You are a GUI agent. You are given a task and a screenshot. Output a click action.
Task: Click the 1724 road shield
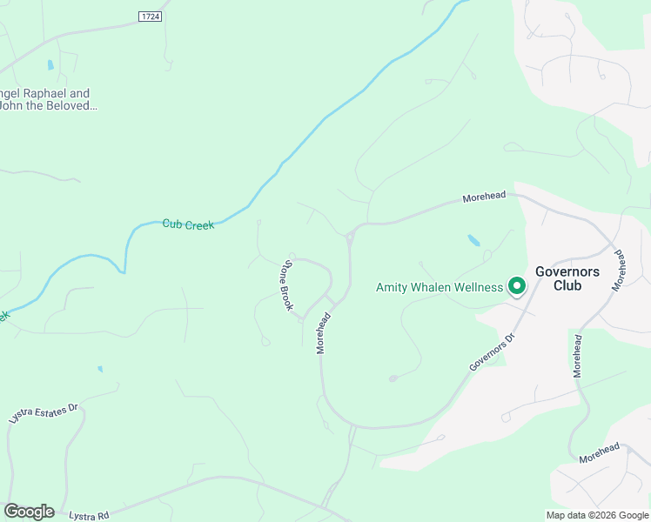pyautogui.click(x=151, y=17)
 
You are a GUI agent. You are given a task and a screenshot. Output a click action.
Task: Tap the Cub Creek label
pyautogui.click(x=188, y=224)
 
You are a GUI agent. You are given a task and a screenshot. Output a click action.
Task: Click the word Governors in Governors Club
pyautogui.click(x=567, y=271)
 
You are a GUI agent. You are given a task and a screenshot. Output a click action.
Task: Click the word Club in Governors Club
pyautogui.click(x=567, y=285)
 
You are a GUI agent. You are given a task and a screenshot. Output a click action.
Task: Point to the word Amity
pyautogui.click(x=393, y=287)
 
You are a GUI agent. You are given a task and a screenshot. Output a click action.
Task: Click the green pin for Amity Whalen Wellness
pyautogui.click(x=516, y=284)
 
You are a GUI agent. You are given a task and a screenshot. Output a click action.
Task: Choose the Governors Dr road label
pyautogui.click(x=493, y=351)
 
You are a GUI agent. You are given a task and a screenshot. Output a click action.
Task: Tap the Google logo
pyautogui.click(x=29, y=512)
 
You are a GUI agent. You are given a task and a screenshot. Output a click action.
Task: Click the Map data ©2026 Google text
pyautogui.click(x=598, y=515)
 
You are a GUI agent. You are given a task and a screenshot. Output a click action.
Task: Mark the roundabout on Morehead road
pyautogui.click(x=350, y=235)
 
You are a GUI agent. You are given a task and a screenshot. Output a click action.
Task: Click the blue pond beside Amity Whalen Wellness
pyautogui.click(x=473, y=239)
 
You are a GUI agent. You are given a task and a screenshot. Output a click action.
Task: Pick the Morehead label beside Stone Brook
pyautogui.click(x=323, y=332)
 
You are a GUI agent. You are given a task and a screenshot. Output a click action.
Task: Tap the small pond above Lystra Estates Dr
pyautogui.click(x=100, y=369)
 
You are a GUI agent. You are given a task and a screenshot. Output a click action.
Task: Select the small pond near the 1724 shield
pyautogui.click(x=50, y=65)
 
